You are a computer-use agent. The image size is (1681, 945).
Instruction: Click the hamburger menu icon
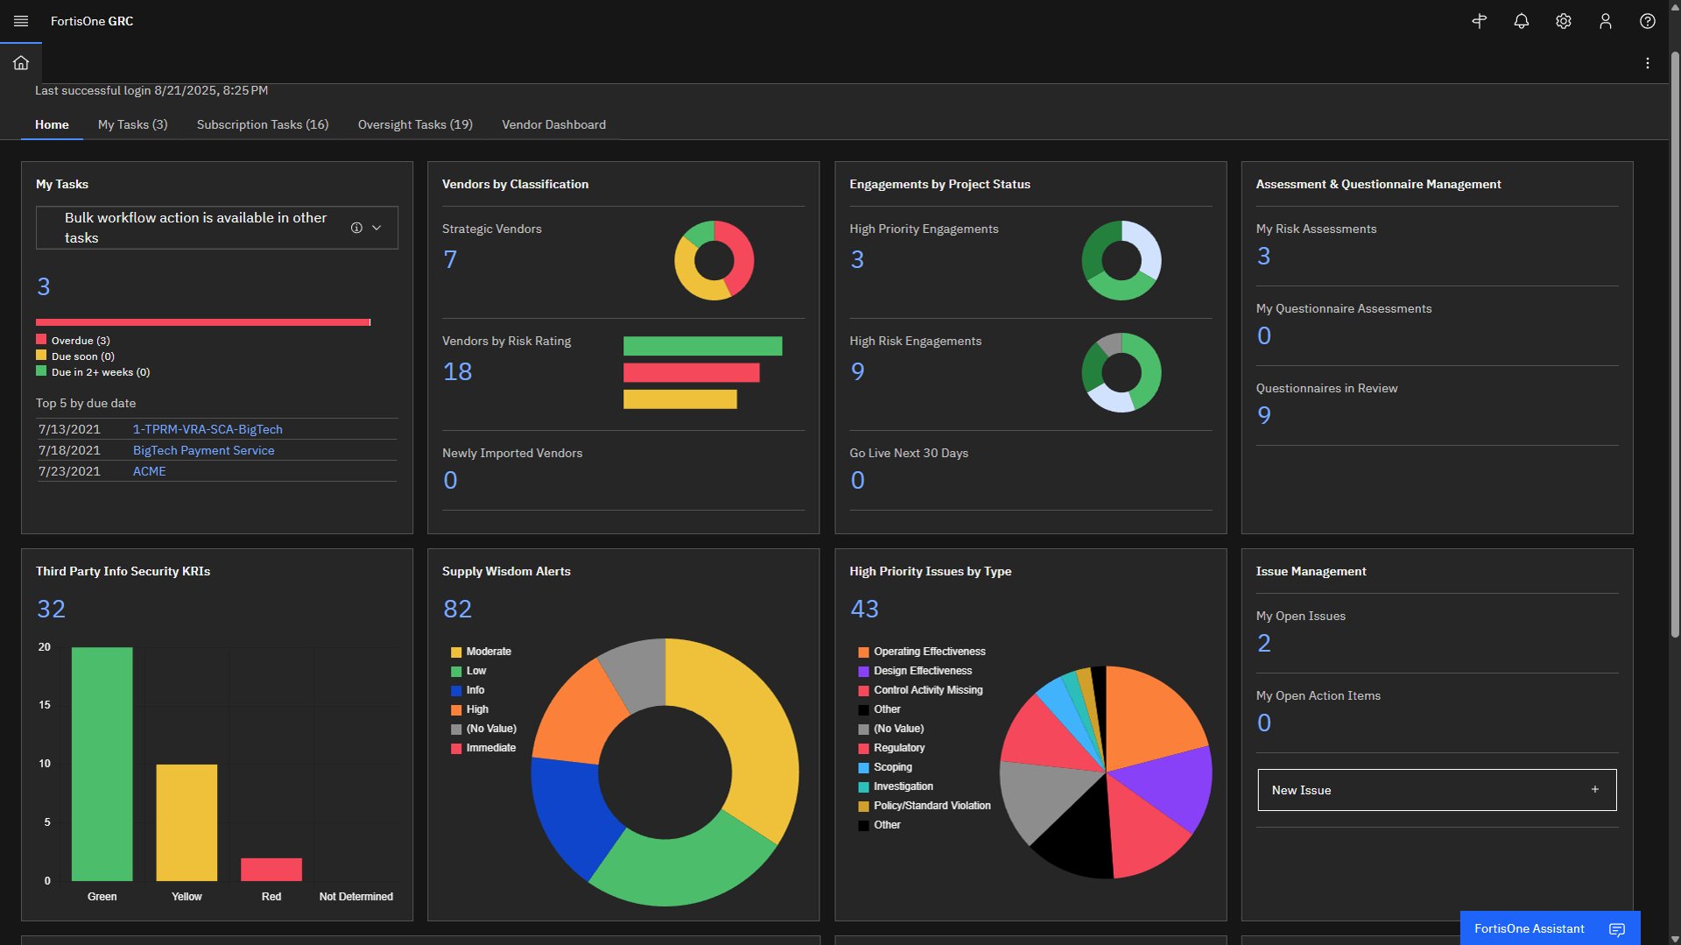(x=21, y=21)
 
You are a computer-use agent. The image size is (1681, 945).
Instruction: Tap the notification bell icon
(x=1522, y=21)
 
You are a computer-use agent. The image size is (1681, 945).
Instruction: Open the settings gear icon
(x=1564, y=21)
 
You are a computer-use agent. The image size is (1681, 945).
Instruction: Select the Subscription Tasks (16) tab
(x=263, y=124)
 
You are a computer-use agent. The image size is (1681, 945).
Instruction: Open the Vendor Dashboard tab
(x=553, y=124)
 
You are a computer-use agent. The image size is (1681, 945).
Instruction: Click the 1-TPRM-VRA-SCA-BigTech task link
(x=207, y=429)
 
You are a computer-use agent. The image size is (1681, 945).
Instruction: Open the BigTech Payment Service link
(x=203, y=450)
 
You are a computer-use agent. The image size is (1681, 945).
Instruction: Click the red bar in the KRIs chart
(x=271, y=869)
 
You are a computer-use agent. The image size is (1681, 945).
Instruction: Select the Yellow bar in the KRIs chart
(x=186, y=822)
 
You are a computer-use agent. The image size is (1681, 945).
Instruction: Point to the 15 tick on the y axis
(x=45, y=705)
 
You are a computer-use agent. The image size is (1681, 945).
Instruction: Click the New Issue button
(x=1437, y=790)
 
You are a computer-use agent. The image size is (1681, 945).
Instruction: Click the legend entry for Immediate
(x=490, y=748)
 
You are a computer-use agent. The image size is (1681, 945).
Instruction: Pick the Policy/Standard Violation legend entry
(x=932, y=806)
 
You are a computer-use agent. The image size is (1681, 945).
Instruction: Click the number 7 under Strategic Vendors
(x=450, y=259)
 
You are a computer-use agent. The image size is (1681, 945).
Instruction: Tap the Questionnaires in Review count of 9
(x=1263, y=415)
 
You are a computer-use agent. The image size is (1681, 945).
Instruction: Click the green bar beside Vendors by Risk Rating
(x=702, y=346)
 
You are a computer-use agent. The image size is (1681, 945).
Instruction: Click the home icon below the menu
(x=21, y=63)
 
